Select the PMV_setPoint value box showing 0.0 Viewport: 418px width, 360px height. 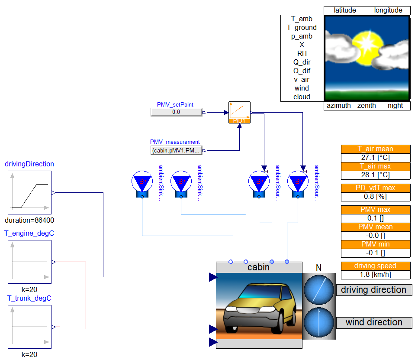(176, 112)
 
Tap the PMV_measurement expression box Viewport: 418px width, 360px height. (176, 150)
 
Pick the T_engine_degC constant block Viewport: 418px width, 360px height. (29, 262)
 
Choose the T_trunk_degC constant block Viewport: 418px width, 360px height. (29, 327)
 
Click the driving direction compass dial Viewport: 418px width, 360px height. (319, 289)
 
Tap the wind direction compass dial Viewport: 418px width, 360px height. (319, 322)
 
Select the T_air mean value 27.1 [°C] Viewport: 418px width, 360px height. (376, 158)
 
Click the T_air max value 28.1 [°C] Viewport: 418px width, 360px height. (376, 175)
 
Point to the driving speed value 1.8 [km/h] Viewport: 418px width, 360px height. (376, 275)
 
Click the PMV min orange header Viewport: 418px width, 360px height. (376, 244)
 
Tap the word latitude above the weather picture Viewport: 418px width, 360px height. (345, 10)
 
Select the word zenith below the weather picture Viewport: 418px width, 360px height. (367, 106)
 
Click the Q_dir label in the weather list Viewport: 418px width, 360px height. (302, 62)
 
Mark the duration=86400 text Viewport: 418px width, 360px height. (29, 220)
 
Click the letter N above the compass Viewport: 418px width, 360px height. (319, 268)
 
